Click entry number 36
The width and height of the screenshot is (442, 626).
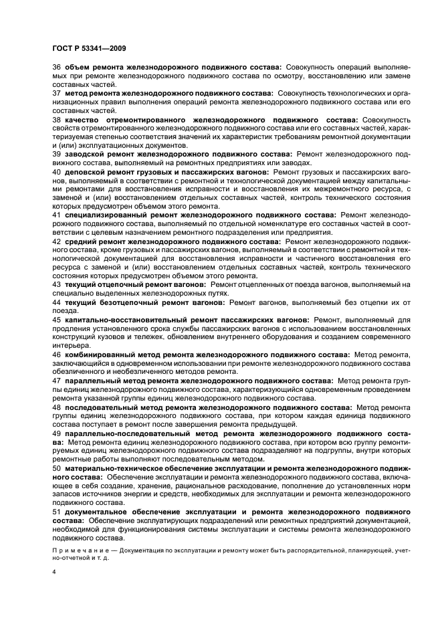point(56,68)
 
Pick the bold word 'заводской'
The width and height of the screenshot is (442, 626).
point(87,153)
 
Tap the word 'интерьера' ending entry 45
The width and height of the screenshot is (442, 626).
point(70,345)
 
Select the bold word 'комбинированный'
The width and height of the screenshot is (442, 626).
point(100,354)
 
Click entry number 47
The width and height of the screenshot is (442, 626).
point(56,380)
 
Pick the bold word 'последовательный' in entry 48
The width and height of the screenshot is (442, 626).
point(100,406)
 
